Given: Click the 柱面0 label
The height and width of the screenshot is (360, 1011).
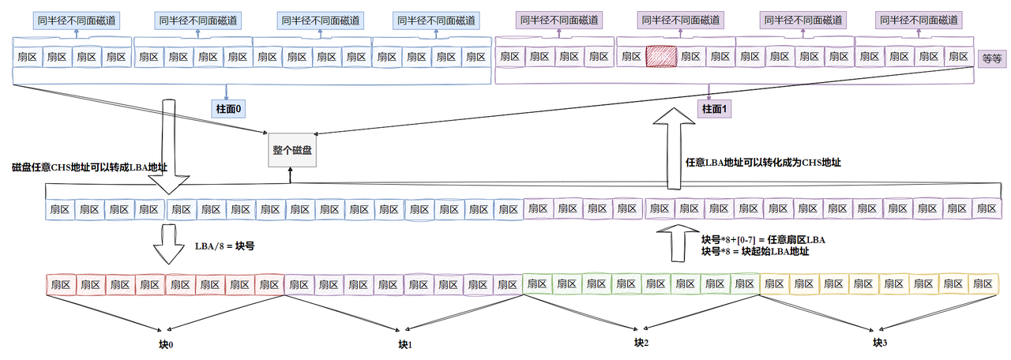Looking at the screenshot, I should click(x=226, y=107).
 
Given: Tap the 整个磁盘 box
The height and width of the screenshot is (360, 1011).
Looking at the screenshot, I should click(x=291, y=150).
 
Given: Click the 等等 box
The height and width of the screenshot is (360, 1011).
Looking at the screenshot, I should click(x=991, y=58).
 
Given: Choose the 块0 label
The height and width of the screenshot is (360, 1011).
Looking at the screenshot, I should click(x=165, y=345).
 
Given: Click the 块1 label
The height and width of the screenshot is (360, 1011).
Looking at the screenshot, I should click(x=405, y=345).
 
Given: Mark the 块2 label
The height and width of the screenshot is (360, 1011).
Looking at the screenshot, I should click(x=641, y=343).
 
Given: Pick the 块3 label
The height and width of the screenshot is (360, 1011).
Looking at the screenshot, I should click(x=879, y=343).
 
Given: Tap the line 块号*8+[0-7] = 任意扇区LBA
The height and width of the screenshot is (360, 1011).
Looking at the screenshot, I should click(x=764, y=239).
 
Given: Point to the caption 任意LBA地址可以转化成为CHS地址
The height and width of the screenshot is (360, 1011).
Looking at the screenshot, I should click(x=764, y=163).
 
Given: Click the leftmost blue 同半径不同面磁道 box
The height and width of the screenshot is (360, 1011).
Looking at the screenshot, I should click(x=77, y=21).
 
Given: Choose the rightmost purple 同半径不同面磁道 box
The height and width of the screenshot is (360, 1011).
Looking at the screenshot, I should click(x=918, y=21).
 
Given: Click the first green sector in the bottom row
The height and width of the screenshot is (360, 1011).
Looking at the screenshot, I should click(x=537, y=283).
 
